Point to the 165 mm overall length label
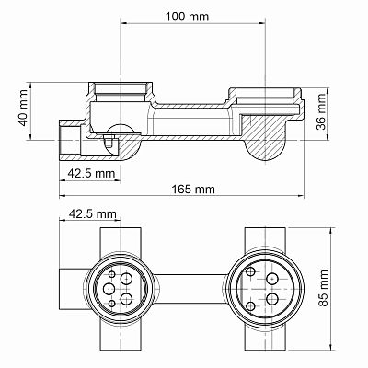tap(193, 189)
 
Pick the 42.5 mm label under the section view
tap(91, 172)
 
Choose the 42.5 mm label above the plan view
tap(92, 214)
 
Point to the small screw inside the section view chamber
tap(109, 142)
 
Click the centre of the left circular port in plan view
tap(121, 287)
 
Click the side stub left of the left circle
tap(73, 287)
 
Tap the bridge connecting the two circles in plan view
tap(191, 287)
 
